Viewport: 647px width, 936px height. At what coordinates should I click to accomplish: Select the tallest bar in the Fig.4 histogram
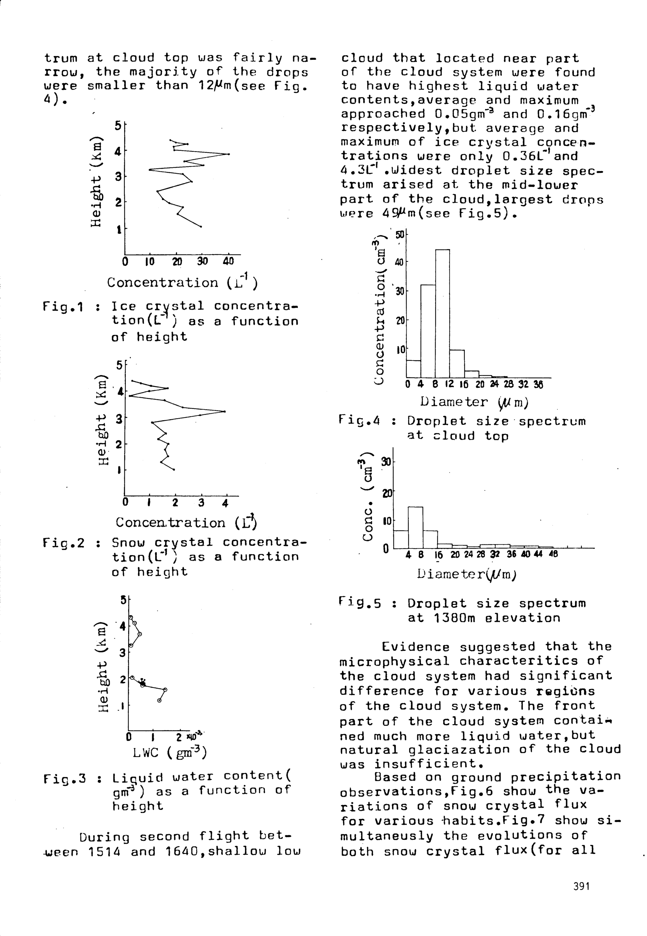coord(442,314)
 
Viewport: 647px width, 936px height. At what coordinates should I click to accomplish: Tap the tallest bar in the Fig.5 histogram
coord(415,527)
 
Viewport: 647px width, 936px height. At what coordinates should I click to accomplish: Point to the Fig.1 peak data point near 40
coord(229,154)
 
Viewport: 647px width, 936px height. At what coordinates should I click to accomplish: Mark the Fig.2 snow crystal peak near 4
coord(224,412)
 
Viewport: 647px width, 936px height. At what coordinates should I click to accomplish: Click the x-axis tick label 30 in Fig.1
coord(202,261)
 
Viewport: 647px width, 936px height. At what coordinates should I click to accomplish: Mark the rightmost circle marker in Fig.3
coord(165,689)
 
